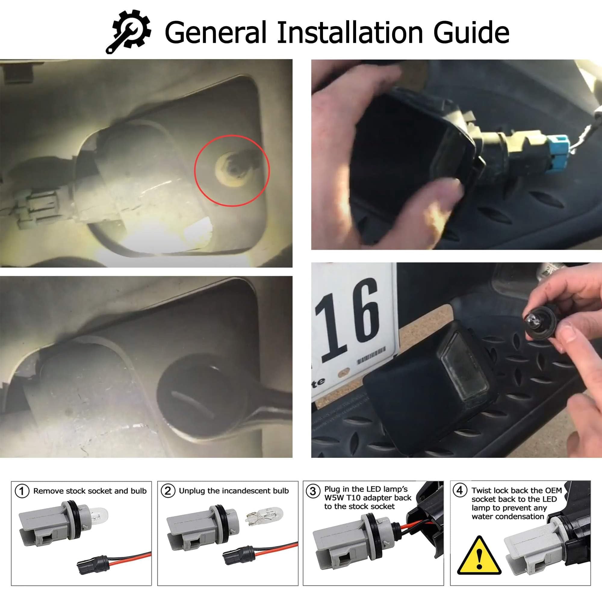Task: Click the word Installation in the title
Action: pos(350,32)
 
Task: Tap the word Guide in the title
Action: pos(471,33)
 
